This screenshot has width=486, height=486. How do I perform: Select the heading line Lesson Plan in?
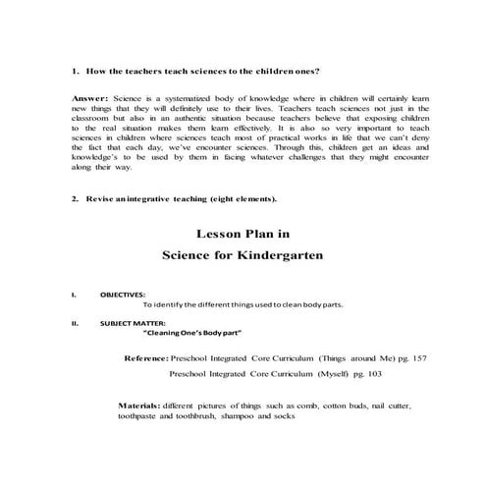(243, 234)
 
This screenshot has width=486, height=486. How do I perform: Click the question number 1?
(76, 71)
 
